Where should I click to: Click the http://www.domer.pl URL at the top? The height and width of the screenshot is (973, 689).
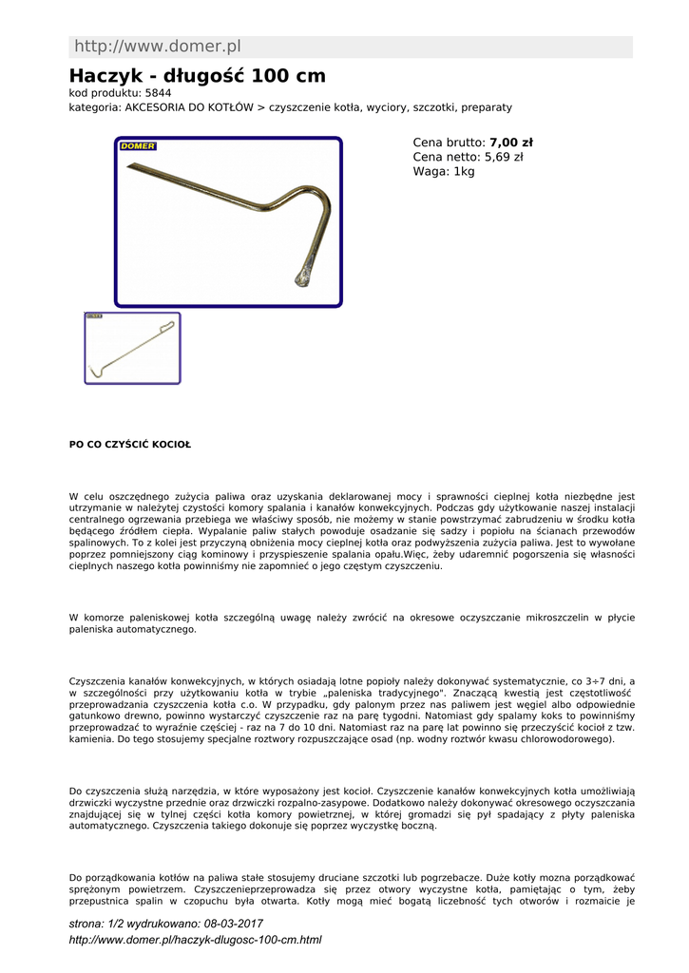pos(158,47)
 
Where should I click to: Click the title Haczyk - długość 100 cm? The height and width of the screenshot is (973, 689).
pos(198,76)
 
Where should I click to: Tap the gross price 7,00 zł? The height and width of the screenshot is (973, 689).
pos(511,143)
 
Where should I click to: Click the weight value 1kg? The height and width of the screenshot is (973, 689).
pos(464,172)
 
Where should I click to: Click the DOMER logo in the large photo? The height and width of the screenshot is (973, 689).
pos(139,146)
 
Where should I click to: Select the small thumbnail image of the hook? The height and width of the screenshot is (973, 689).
pos(132,348)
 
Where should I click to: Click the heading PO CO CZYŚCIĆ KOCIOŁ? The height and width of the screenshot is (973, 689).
pos(130,444)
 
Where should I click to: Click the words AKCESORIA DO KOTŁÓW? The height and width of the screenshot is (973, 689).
pos(189,107)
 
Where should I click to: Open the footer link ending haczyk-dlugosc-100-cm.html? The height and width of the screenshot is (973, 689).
pos(196,940)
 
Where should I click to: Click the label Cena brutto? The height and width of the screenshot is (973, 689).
pos(450,143)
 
